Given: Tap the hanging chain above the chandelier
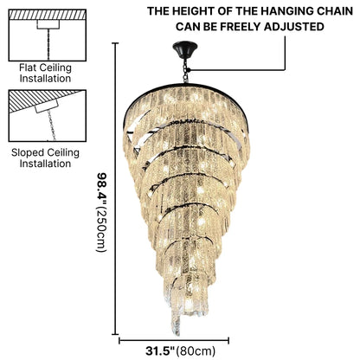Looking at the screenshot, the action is click(x=185, y=71).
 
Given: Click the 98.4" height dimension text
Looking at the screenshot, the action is click(x=101, y=188).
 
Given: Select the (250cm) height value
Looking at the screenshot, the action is click(x=101, y=228).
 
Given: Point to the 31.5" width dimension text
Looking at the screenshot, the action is click(x=160, y=351).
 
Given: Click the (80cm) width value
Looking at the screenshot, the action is click(x=196, y=351).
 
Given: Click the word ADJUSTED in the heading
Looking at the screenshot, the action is click(x=294, y=27).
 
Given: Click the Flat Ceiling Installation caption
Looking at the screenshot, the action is click(x=45, y=73).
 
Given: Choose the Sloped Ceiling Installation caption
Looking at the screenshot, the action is click(x=45, y=158).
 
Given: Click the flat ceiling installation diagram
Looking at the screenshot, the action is click(x=48, y=35).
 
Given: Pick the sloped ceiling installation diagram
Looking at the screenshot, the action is click(x=48, y=115).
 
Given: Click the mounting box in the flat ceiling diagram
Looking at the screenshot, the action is click(x=48, y=24).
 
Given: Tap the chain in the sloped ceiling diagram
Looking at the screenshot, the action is click(x=52, y=125).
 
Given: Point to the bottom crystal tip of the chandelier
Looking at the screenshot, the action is click(x=177, y=334).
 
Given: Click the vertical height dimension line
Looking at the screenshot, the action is click(x=116, y=189).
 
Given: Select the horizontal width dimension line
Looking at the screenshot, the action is click(x=174, y=341).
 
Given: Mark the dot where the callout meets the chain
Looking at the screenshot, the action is click(x=189, y=70).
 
